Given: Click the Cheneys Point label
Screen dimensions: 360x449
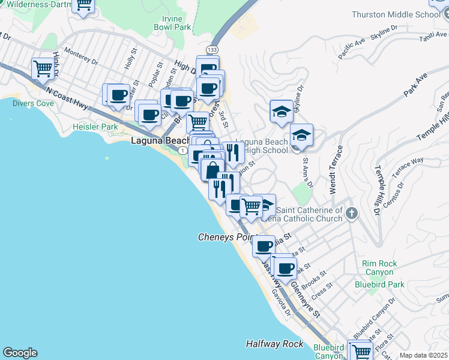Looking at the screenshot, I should tap(227, 238).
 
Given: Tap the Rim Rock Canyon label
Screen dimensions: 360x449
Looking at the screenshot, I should tap(378, 268).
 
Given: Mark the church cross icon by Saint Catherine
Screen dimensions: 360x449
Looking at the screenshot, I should tap(352, 214).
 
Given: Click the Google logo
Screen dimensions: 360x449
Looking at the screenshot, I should tap(20, 353).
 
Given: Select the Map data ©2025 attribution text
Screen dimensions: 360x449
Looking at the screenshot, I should tap(424, 355).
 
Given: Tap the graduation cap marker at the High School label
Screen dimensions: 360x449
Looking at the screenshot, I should tap(301, 136).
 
